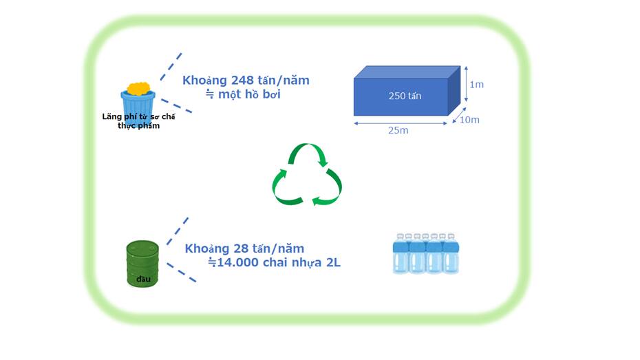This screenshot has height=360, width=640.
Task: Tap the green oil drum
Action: (x=142, y=263)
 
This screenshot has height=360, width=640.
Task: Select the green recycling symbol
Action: (x=307, y=175)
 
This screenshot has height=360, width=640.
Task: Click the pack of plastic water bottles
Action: (x=425, y=253)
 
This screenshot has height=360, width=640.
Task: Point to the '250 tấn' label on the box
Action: (x=405, y=96)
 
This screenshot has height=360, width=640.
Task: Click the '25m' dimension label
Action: (x=398, y=130)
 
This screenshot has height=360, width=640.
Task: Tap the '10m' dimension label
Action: (x=469, y=120)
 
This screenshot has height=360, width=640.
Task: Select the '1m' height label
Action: (x=476, y=85)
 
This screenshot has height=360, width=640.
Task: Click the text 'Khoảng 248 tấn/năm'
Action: (x=246, y=80)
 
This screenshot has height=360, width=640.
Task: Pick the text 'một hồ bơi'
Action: (x=249, y=94)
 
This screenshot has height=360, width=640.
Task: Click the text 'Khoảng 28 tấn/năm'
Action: (x=244, y=248)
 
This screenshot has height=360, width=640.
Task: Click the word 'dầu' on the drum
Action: (x=142, y=279)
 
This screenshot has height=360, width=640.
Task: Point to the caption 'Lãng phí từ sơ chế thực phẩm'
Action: (x=138, y=120)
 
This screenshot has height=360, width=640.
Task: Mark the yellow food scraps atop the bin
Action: (x=139, y=89)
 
